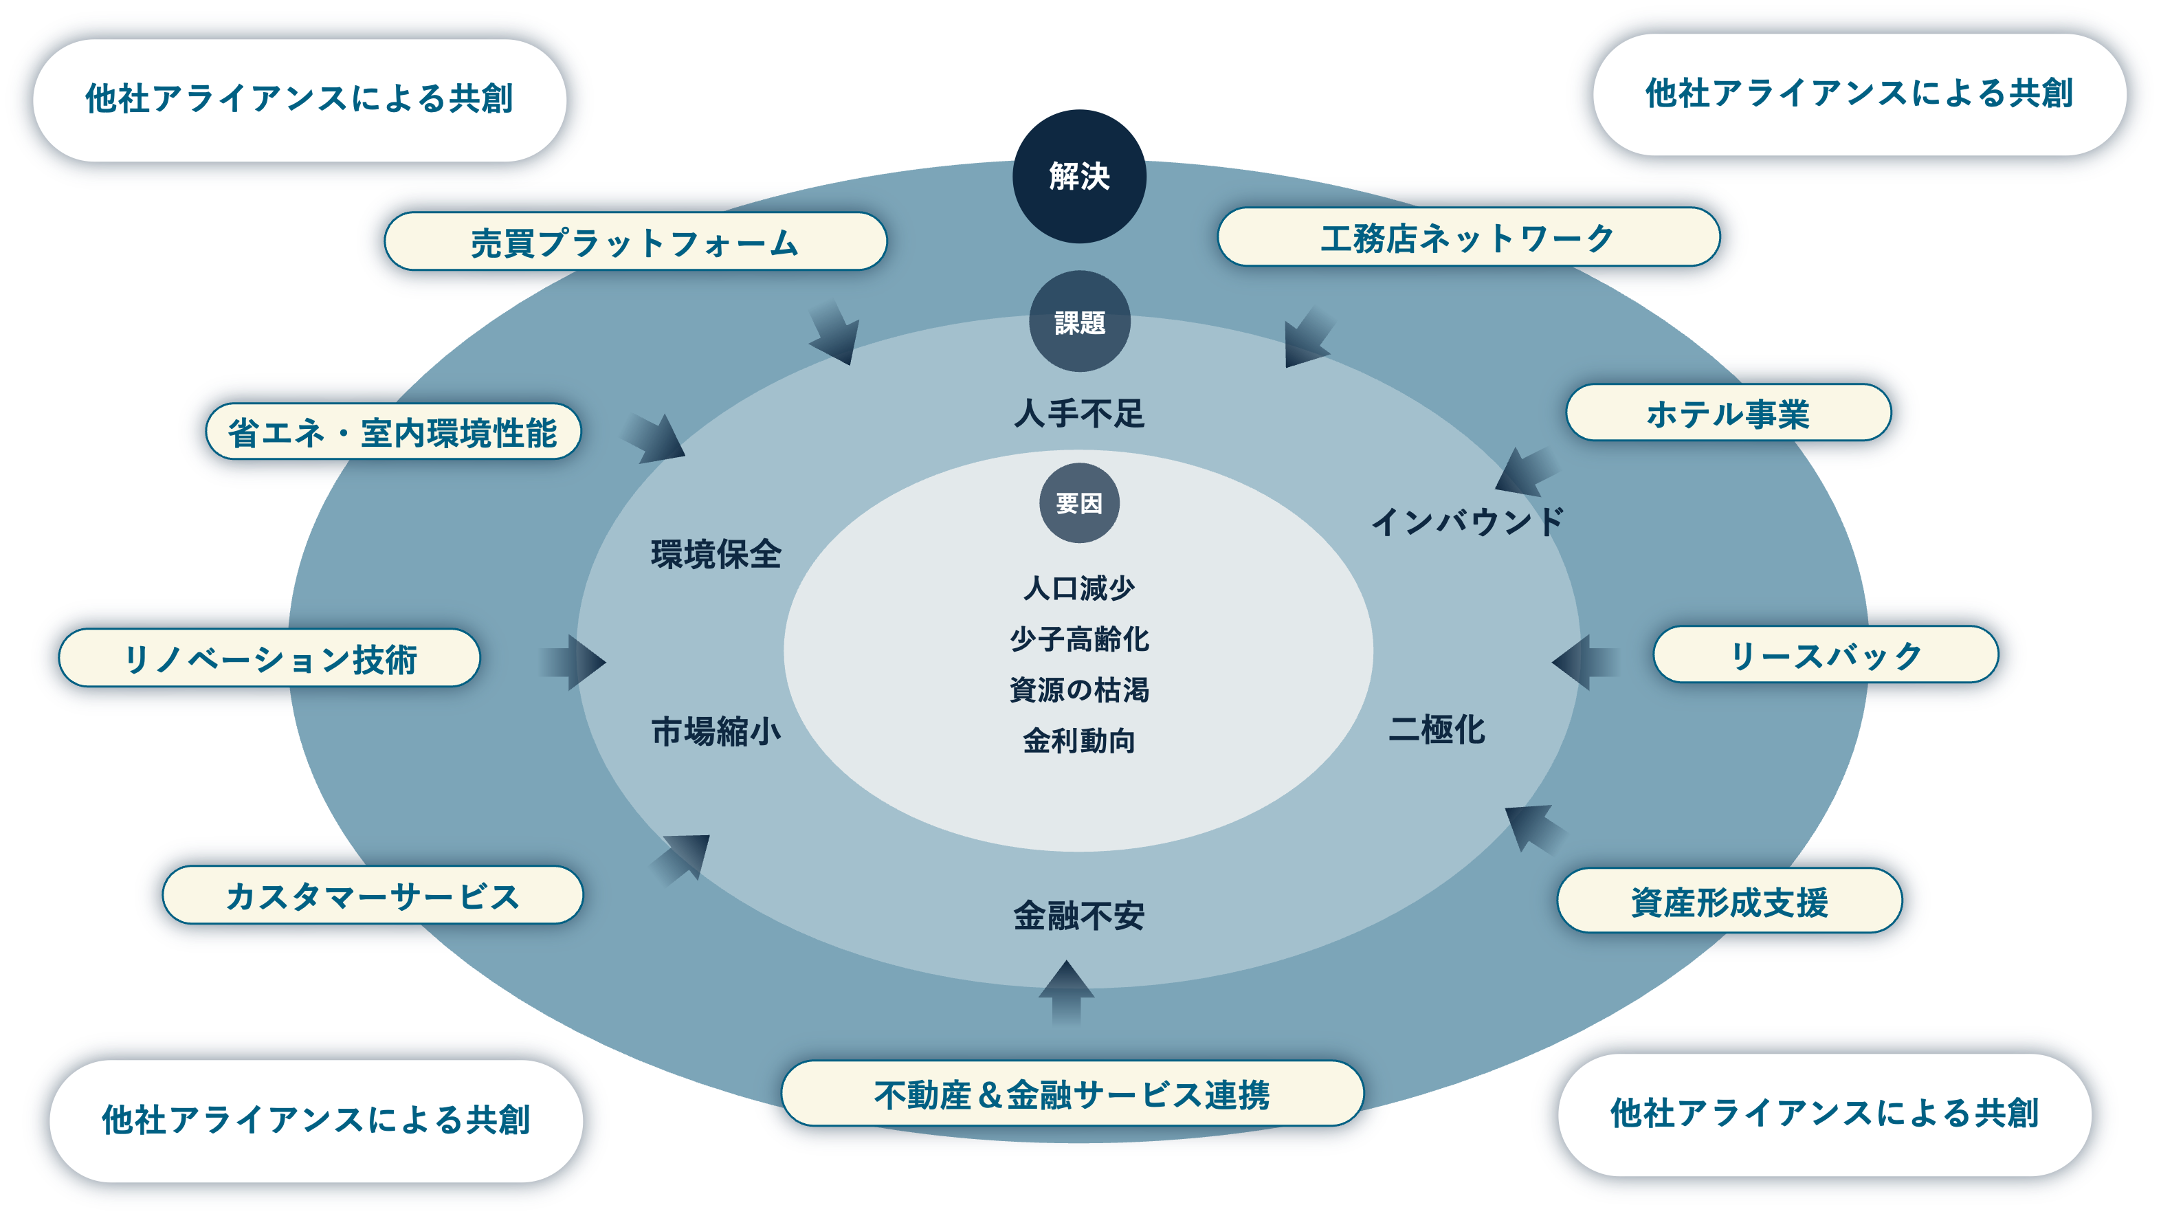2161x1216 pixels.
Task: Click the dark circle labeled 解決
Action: pyautogui.click(x=1079, y=176)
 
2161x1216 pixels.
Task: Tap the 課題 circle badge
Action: pyautogui.click(x=1079, y=322)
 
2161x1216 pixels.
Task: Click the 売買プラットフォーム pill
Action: pyautogui.click(x=635, y=242)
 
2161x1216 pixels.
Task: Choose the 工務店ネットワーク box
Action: pyautogui.click(x=1467, y=237)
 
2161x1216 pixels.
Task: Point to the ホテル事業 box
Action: pyautogui.click(x=1728, y=413)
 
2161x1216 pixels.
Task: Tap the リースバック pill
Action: pyautogui.click(x=1826, y=654)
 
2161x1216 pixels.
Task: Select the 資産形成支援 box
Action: pyautogui.click(x=1729, y=901)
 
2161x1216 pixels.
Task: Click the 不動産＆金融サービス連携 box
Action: pyautogui.click(x=1072, y=1094)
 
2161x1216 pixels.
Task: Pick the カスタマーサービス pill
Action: pyautogui.click(x=373, y=896)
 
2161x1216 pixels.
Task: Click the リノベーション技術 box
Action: pyautogui.click(x=269, y=658)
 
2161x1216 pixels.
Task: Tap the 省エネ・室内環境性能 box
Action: pyautogui.click(x=392, y=432)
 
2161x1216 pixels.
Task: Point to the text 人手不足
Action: pyautogui.click(x=1079, y=413)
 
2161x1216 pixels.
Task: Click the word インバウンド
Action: pyautogui.click(x=1468, y=521)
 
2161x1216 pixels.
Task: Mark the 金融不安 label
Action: pyautogui.click(x=1079, y=916)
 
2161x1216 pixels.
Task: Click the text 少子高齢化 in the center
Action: pyautogui.click(x=1079, y=639)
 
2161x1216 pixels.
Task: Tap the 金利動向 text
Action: pyautogui.click(x=1079, y=741)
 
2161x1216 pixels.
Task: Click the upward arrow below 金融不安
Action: pyautogui.click(x=1066, y=992)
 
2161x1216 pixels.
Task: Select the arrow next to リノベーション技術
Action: pyautogui.click(x=573, y=662)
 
